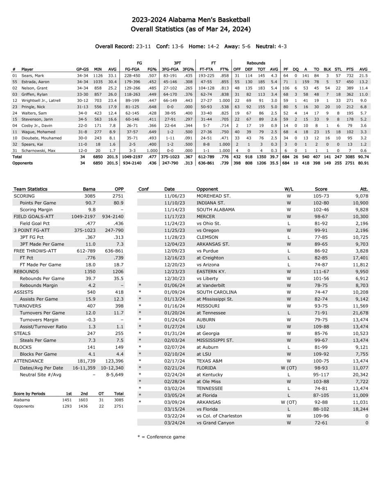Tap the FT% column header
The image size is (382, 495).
[x=224, y=69]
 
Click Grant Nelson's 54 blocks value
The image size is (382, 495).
[x=327, y=88]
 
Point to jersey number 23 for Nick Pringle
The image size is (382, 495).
[x=15, y=107]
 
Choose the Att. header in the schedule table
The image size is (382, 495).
[x=364, y=189]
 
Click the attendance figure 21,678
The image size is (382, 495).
[x=360, y=313]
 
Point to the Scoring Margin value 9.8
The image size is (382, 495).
[x=92, y=210]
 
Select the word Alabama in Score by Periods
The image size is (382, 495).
[x=21, y=399]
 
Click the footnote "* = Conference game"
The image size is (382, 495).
[x=161, y=437]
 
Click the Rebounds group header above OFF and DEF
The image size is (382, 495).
[x=255, y=63]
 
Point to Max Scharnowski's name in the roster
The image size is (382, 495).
[x=36, y=151]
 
